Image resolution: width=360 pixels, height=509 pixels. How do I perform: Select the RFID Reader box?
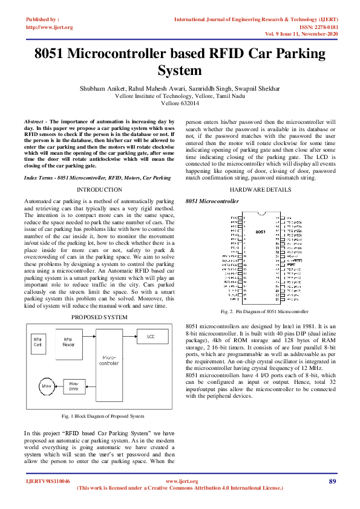pyautogui.click(x=69, y=342)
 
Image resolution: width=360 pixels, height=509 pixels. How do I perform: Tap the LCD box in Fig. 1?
pyautogui.click(x=149, y=336)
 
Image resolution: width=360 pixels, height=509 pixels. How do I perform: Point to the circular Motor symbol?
pyautogui.click(x=46, y=385)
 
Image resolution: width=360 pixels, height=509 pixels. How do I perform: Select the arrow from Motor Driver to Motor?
pyautogui.click(x=58, y=385)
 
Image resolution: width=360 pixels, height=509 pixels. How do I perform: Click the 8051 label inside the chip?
pyautogui.click(x=260, y=232)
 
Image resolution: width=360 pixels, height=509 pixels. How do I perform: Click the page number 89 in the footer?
pyautogui.click(x=332, y=481)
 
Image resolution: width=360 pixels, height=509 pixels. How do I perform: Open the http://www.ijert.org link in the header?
pyautogui.click(x=50, y=27)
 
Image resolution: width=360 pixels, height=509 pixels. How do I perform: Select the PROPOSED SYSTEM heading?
pyautogui.click(x=99, y=317)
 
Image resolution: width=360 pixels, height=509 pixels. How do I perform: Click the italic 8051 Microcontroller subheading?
pyautogui.click(x=212, y=200)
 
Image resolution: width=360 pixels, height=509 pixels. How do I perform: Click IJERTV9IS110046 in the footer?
pyautogui.click(x=48, y=481)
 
